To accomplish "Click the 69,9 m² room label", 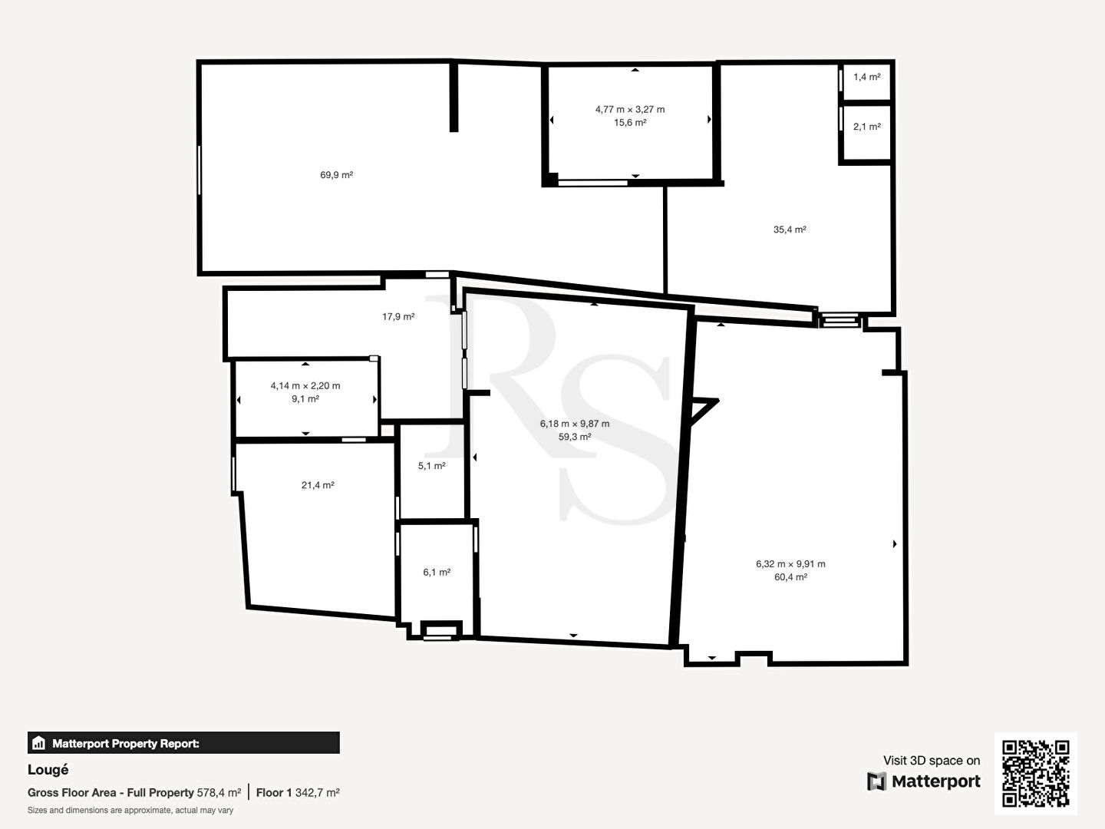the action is (x=336, y=175).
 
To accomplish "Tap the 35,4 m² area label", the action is (x=790, y=230).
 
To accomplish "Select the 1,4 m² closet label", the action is (x=867, y=77).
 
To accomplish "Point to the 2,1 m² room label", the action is (x=867, y=127).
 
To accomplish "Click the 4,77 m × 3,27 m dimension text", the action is (x=630, y=109).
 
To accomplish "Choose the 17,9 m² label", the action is (x=398, y=316).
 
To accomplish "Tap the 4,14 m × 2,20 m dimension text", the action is (x=305, y=385).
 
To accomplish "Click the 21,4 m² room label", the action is (x=318, y=485).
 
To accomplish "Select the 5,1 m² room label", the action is (x=431, y=466).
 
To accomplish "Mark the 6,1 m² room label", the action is (x=437, y=573).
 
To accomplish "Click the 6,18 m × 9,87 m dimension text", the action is (x=575, y=424).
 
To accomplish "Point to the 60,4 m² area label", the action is (x=790, y=577).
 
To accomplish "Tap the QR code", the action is (x=1035, y=773).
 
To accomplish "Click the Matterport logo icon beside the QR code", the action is (x=876, y=781).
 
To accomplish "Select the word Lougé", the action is (x=48, y=770).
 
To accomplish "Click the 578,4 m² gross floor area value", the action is (x=219, y=793).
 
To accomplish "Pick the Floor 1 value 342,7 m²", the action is (x=317, y=793).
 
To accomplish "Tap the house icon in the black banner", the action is (x=38, y=743).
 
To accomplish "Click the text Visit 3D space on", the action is (x=932, y=761).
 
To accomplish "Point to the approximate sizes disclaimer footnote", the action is (x=130, y=811).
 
